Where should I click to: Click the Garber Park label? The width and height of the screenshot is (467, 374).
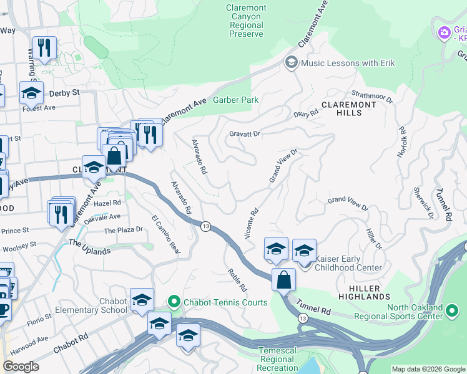click(235, 100)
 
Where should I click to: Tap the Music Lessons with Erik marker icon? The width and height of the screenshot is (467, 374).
click(291, 62)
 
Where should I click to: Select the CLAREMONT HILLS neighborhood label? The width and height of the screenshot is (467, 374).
click(349, 108)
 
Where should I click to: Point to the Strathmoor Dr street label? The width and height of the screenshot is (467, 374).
click(372, 96)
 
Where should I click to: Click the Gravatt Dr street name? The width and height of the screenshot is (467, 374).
click(244, 133)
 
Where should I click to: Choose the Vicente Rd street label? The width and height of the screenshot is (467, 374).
click(252, 223)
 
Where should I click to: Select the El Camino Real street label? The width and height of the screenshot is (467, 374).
click(165, 234)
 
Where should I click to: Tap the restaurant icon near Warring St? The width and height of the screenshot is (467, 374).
click(44, 48)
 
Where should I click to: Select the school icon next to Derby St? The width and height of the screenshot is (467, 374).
click(31, 93)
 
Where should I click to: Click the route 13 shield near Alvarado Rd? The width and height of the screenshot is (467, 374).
click(205, 225)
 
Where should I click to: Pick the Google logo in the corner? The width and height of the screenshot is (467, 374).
click(21, 367)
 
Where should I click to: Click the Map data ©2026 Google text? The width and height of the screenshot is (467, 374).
click(428, 369)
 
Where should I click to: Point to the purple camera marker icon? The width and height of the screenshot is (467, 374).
click(444, 32)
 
